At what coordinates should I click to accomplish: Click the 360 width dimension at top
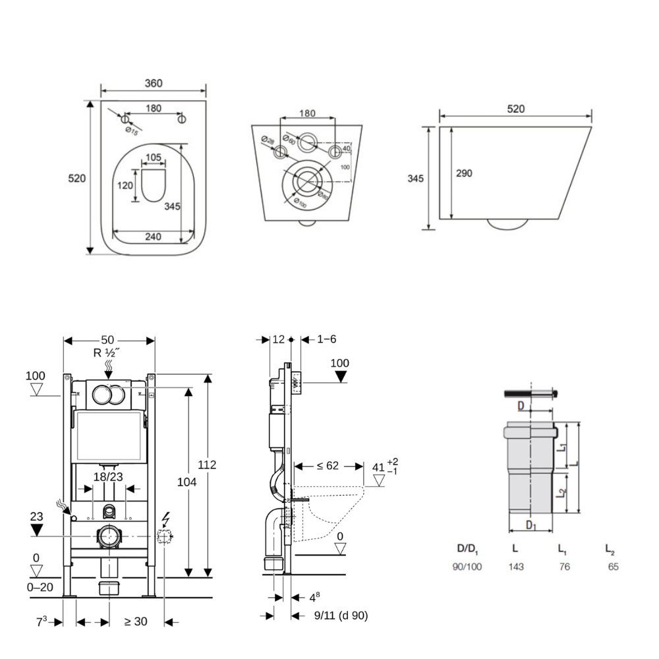(153, 83)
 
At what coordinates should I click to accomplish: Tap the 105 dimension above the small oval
(153, 157)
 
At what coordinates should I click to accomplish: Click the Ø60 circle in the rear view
(308, 141)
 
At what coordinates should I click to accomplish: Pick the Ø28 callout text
(267, 142)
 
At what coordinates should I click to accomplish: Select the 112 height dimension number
(207, 465)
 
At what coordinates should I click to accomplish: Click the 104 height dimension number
(186, 482)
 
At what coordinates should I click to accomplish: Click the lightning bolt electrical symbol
(165, 519)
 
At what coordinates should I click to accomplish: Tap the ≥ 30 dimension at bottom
(136, 621)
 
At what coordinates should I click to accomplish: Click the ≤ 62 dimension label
(328, 466)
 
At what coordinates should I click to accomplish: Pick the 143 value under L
(516, 566)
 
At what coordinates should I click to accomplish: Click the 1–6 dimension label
(327, 339)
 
